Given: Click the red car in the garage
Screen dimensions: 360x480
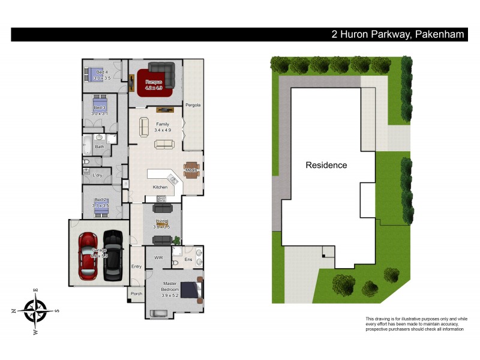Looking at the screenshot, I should coord(88,256).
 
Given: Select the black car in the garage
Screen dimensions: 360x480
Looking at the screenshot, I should coord(113,256).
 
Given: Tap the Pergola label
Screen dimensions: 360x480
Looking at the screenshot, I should coord(193,106).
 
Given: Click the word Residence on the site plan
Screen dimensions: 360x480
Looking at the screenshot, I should coord(326,165).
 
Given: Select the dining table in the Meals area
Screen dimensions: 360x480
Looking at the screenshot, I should coord(191,169).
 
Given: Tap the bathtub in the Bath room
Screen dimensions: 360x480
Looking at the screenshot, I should coord(87,144).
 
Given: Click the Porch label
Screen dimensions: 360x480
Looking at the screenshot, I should coord(136,294).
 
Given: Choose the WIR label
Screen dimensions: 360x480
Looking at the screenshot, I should coord(158,257).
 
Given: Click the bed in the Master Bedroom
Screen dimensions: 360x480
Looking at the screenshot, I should coord(191,290).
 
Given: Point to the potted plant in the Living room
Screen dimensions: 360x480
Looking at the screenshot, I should coord(177,241).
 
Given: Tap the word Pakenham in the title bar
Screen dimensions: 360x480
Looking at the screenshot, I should coord(439,34).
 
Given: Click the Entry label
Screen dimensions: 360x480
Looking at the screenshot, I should coord(137,266).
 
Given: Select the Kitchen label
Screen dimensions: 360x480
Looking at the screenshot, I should coord(160,187).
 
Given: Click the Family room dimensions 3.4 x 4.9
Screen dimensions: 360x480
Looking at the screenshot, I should coord(163,130).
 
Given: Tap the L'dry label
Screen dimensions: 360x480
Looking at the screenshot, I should coord(97,175).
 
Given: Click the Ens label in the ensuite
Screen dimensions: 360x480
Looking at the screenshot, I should coord(188,260).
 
